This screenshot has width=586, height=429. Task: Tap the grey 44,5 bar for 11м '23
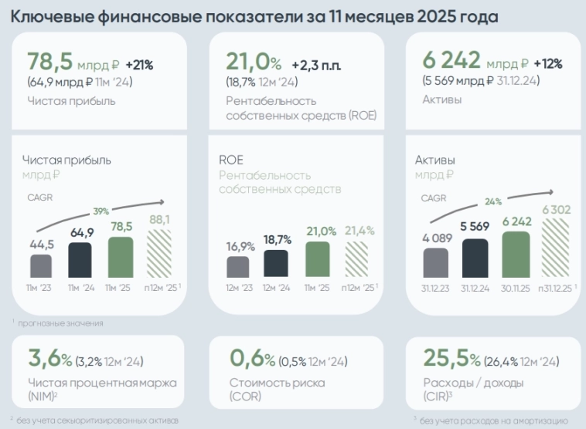point(42,266)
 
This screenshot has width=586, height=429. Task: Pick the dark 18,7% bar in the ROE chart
point(276,263)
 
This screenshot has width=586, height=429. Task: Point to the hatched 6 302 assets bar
point(555,248)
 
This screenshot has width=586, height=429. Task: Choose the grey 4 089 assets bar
point(435,262)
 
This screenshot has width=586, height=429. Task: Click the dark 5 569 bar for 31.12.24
point(475,258)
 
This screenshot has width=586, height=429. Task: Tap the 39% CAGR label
point(101,211)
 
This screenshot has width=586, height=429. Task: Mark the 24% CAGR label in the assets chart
point(492,201)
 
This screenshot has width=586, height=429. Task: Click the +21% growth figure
point(139,63)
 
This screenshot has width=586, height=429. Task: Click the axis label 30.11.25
point(515,289)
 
